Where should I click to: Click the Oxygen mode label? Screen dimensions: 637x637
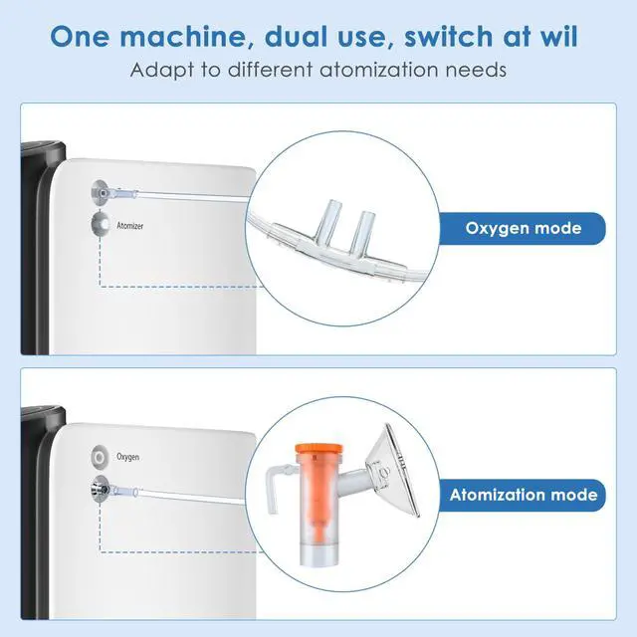pyautogui.click(x=523, y=228)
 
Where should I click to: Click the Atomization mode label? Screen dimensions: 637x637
pyautogui.click(x=524, y=494)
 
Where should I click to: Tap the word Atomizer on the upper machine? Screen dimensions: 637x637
pyautogui.click(x=130, y=226)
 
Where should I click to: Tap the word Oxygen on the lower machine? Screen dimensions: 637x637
pyautogui.click(x=128, y=457)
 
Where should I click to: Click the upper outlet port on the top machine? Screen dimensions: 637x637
pyautogui.click(x=100, y=193)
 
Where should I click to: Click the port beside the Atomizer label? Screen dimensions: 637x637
pyautogui.click(x=99, y=225)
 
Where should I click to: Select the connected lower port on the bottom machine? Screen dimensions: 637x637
pyautogui.click(x=100, y=489)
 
